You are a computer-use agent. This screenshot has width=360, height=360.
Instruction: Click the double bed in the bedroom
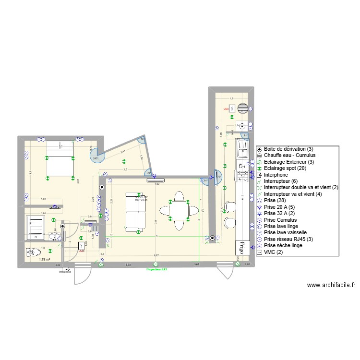pos(59,159)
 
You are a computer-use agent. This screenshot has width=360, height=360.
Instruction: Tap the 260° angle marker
pos(95,157)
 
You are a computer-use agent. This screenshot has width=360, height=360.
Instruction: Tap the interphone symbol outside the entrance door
pos(67,270)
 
